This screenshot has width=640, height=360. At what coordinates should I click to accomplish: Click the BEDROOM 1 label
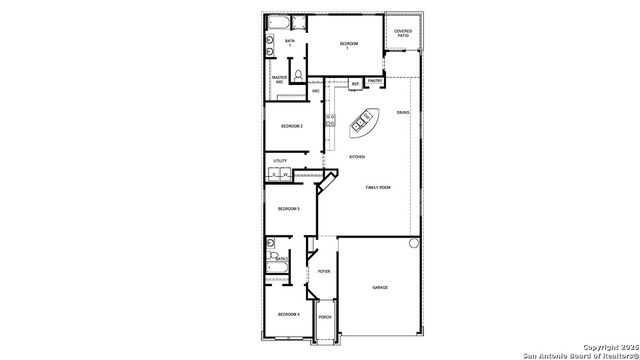[x=348, y=44]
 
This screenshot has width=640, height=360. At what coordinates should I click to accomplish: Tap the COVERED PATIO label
[x=403, y=33]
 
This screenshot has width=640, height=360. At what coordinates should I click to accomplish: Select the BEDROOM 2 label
[x=291, y=126]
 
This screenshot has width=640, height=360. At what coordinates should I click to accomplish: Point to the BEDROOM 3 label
[x=289, y=208]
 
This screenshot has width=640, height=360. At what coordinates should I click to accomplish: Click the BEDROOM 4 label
[x=289, y=314]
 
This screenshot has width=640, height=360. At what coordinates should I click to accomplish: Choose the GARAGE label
[x=380, y=287]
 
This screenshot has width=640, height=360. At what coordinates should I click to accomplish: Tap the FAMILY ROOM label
[x=377, y=188]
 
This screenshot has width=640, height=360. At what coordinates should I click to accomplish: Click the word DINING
[x=402, y=112]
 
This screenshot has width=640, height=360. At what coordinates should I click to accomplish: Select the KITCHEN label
[x=357, y=157]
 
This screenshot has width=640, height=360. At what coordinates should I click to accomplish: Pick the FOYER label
[x=324, y=271]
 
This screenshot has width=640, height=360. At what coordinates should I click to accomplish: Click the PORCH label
[x=325, y=317]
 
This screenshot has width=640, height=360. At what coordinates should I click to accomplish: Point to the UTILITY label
[x=280, y=160]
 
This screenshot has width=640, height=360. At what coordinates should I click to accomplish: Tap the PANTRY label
[x=374, y=81]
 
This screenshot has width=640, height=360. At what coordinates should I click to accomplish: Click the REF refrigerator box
[x=355, y=83]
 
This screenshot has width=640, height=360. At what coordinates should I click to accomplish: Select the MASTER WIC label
[x=280, y=79]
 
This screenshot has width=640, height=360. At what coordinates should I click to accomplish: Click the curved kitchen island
[x=365, y=123]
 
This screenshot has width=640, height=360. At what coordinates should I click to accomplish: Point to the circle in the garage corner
[x=413, y=244]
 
